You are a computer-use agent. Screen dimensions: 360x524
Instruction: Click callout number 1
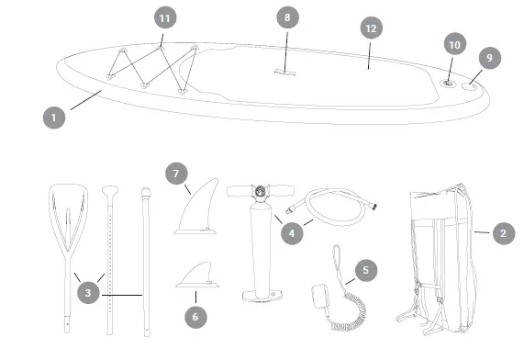[55, 118]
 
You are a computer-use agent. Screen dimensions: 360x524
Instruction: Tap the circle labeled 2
[502, 233]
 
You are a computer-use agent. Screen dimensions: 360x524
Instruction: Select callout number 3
[88, 293]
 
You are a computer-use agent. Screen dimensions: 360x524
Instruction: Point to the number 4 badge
[291, 233]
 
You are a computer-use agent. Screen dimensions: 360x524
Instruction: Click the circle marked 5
[365, 271]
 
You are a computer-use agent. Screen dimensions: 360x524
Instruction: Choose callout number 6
[195, 314]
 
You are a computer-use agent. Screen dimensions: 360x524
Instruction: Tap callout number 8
[287, 17]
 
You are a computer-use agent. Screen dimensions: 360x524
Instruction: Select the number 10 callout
[453, 44]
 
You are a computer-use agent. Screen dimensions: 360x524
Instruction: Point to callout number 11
[165, 18]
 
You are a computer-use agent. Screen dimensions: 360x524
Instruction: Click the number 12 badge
[370, 29]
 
